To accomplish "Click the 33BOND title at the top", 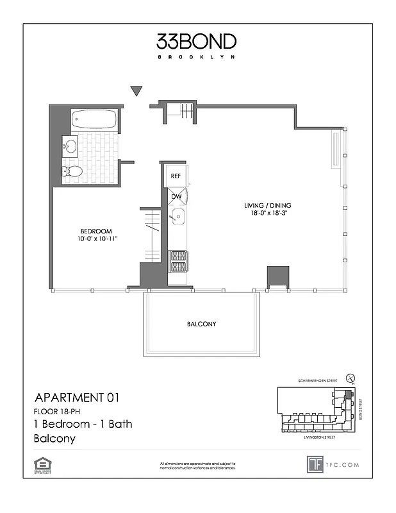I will tap(196, 42).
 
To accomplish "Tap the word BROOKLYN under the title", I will tap(196, 57).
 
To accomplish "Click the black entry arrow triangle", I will tap(136, 91).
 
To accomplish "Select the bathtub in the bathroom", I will tap(94, 119).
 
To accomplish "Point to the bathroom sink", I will tap(70, 147).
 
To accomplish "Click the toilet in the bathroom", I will tap(72, 171).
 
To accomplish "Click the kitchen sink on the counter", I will tap(177, 219).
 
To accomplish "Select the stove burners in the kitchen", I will tap(177, 260).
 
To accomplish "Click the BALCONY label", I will tap(201, 324).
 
